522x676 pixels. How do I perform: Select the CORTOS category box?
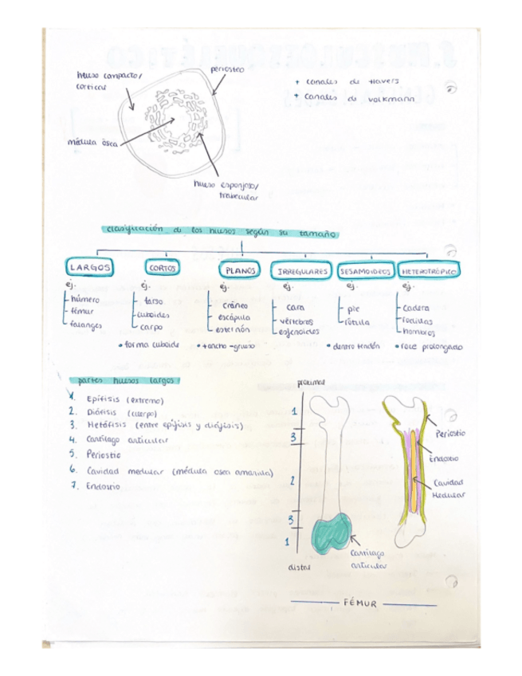(162, 269)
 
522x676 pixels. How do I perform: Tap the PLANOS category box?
(239, 270)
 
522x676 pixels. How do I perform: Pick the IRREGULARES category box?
(303, 271)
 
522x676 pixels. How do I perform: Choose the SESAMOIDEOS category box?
(365, 271)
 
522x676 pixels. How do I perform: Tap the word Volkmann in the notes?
(387, 96)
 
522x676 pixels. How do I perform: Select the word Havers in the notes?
(384, 81)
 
